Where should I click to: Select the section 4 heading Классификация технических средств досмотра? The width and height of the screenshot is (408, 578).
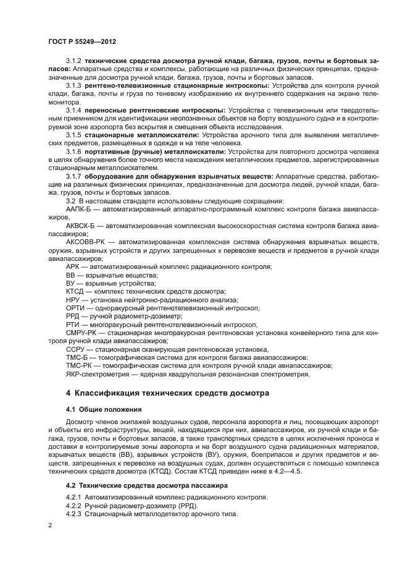[x=169, y=393]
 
